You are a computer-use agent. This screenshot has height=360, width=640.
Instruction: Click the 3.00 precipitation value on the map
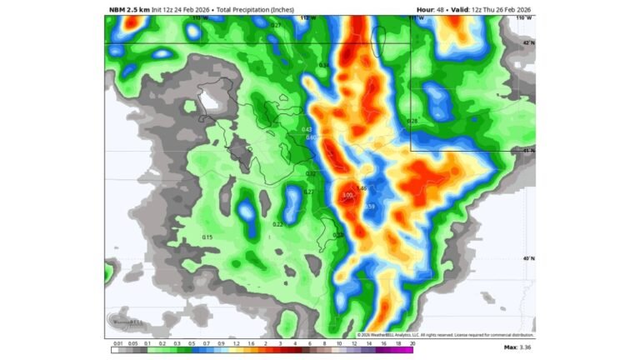[x=347, y=196]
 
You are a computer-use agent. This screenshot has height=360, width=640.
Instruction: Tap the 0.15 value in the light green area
[x=207, y=237]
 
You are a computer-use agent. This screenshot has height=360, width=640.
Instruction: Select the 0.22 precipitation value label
[x=277, y=224]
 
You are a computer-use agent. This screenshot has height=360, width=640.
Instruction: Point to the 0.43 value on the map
[x=307, y=130]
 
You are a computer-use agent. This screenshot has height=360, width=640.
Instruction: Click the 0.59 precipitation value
[x=369, y=207]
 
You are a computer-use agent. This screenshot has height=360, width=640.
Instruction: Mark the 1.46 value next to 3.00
[x=362, y=188]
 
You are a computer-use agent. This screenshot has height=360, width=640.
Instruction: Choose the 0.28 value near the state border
[x=412, y=122]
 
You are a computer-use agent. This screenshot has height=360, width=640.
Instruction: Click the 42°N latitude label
[x=527, y=42]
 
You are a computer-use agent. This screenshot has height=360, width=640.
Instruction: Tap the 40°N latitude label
[x=527, y=258]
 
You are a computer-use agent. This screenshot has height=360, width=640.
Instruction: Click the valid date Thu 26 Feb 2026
[x=502, y=9]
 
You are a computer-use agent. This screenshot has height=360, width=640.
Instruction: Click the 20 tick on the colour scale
[x=412, y=342]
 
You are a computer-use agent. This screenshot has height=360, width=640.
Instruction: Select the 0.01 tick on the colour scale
[x=118, y=342]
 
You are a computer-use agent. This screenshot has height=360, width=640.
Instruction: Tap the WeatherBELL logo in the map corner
[x=126, y=322]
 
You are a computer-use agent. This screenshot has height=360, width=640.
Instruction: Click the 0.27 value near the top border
[x=275, y=26]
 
